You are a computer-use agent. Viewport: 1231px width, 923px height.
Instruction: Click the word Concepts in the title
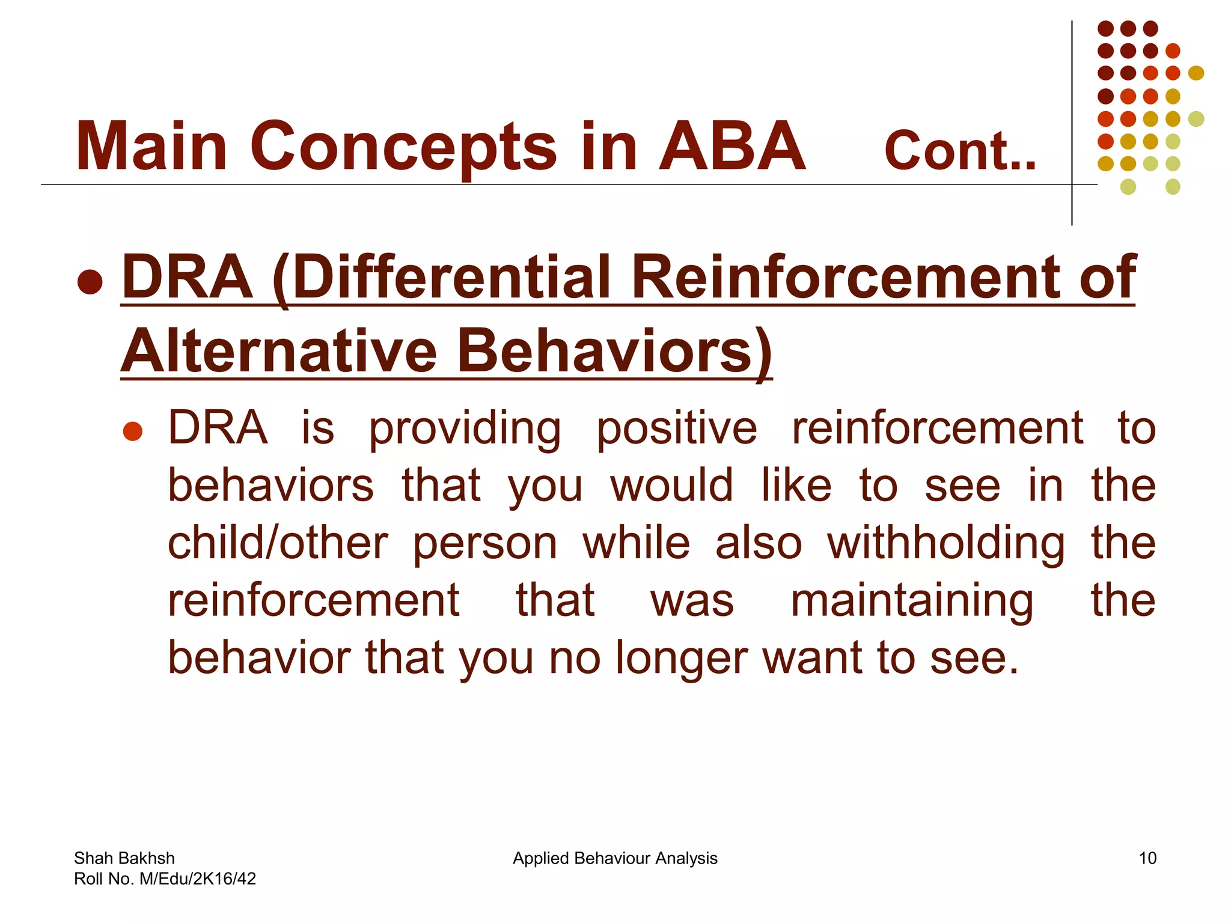point(403,147)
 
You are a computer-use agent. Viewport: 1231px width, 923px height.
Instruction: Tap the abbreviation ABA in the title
point(732,147)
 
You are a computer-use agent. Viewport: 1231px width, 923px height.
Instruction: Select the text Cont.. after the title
point(960,151)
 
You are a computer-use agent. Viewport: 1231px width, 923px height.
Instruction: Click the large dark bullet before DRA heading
point(90,281)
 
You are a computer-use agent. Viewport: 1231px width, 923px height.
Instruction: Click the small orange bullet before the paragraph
point(132,431)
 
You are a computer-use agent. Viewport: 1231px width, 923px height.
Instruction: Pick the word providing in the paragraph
point(465,429)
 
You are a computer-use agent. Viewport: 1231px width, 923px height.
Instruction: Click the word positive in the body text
point(677,429)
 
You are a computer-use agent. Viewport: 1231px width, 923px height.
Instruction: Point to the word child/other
point(278,543)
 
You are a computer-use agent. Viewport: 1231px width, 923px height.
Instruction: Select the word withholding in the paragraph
point(946,543)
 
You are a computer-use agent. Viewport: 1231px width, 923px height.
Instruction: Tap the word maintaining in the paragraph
point(912,600)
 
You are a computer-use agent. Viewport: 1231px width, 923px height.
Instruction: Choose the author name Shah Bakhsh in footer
point(124,858)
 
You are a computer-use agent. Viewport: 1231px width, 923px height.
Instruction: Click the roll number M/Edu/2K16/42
point(197,879)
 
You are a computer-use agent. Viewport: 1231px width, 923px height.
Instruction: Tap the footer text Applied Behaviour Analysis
point(615,858)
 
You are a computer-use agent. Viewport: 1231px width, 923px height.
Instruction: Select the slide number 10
point(1147,858)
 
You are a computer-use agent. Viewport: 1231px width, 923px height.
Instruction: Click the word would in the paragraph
point(671,486)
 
